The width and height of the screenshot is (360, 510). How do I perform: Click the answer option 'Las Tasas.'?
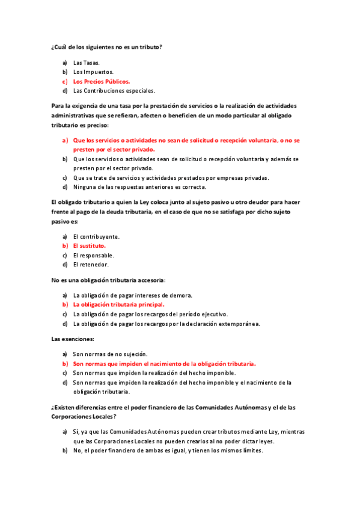pyautogui.click(x=87, y=62)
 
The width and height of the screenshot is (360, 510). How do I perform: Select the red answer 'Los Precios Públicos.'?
pyautogui.click(x=102, y=81)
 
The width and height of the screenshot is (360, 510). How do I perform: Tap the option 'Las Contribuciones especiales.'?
pyautogui.click(x=114, y=91)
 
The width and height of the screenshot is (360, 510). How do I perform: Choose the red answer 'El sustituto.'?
pyautogui.click(x=90, y=245)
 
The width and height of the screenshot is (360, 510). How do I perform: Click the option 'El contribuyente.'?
pyautogui.click(x=96, y=236)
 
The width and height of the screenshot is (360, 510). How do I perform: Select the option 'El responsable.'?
pyautogui.click(x=93, y=255)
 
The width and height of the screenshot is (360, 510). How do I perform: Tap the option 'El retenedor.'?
pyautogui.click(x=91, y=265)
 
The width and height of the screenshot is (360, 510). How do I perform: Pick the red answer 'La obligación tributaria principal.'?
pyautogui.click(x=118, y=304)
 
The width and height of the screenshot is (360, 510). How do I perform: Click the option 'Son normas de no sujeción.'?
pyautogui.click(x=110, y=354)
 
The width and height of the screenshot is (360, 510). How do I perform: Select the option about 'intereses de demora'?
pyautogui.click(x=132, y=295)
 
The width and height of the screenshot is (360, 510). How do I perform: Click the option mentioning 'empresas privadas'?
pyautogui.click(x=171, y=177)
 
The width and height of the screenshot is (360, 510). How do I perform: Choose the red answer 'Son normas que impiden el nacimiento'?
pyautogui.click(x=164, y=364)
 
